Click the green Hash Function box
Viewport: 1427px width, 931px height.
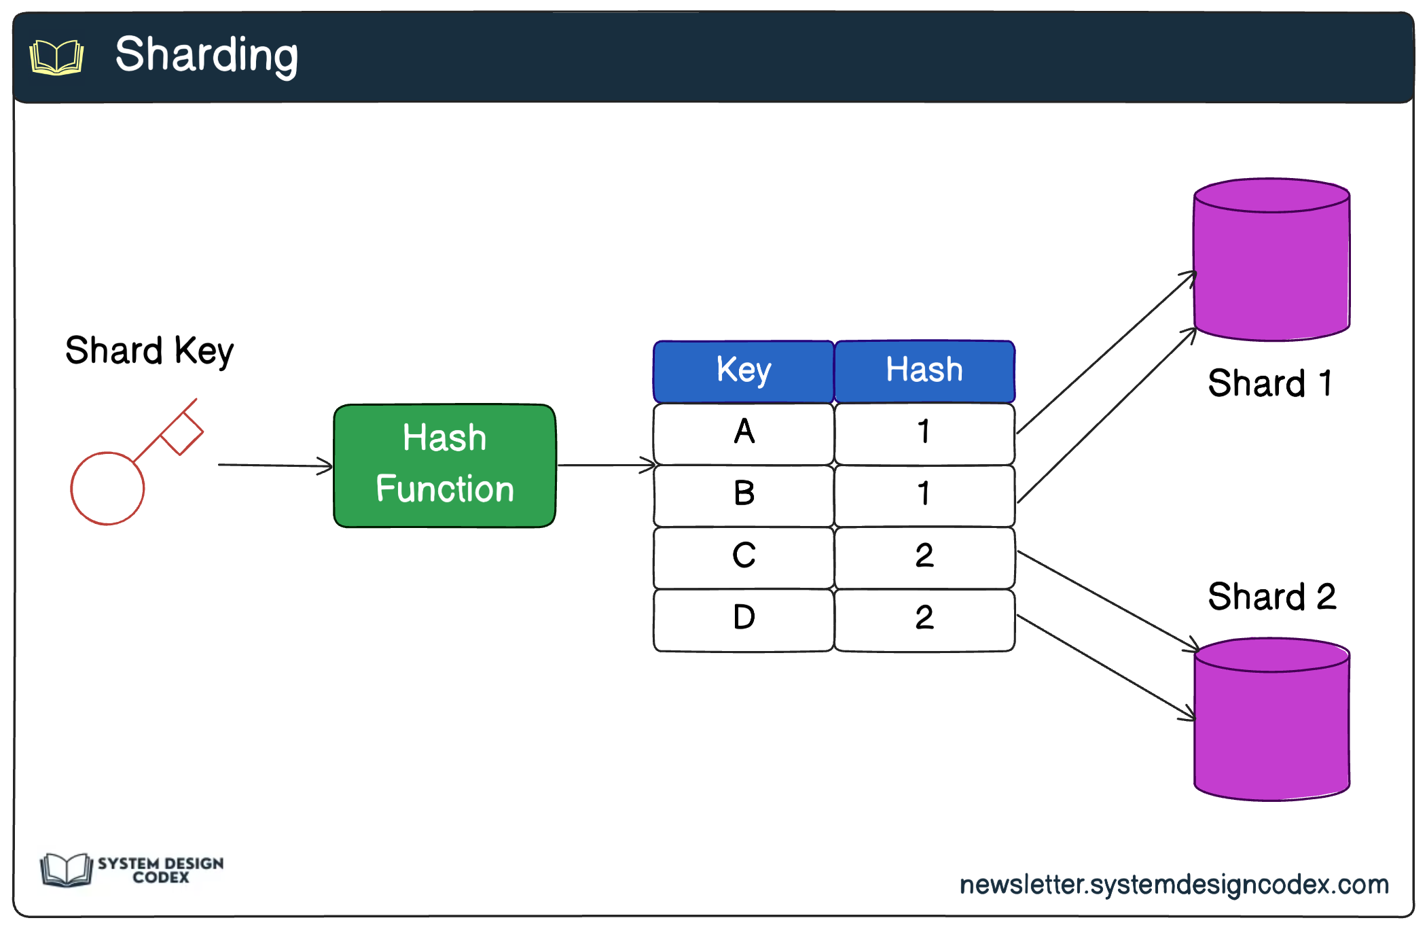click(445, 465)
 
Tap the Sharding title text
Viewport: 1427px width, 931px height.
click(206, 55)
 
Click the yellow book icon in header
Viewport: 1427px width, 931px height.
click(57, 57)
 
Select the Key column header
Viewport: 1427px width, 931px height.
click(744, 371)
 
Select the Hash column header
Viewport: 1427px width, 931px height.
click(924, 371)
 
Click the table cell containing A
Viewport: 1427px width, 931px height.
click(744, 433)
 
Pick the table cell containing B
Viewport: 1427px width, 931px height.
click(744, 495)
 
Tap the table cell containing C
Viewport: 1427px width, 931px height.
click(744, 557)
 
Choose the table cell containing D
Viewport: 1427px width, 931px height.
click(744, 618)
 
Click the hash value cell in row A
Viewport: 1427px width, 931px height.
click(924, 433)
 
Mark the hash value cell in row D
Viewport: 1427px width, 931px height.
click(924, 618)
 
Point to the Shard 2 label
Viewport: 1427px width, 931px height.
click(1271, 597)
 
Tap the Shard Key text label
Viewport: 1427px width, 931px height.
click(149, 351)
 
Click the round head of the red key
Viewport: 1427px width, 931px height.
click(107, 489)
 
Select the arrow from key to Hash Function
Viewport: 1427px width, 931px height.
click(274, 465)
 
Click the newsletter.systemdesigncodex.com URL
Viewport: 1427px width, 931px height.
click(1174, 885)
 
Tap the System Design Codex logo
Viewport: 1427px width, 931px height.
click(132, 870)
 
